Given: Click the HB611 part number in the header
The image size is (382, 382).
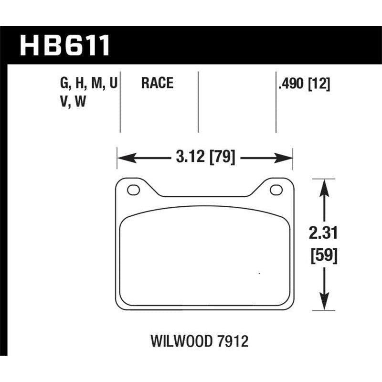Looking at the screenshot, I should coord(64,44).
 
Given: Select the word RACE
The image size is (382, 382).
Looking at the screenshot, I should coord(157,84).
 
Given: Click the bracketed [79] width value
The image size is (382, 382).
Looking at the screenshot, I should coord(222,157).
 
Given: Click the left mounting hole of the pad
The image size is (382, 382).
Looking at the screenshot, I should coord(133,190).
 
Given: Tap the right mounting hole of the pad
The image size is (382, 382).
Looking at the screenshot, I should coord(276,190).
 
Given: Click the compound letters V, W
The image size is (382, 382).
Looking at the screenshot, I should coord(73,102).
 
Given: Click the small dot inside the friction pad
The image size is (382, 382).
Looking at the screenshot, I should coord(259,274).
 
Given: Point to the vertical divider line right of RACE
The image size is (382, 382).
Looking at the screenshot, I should coord(198,102).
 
